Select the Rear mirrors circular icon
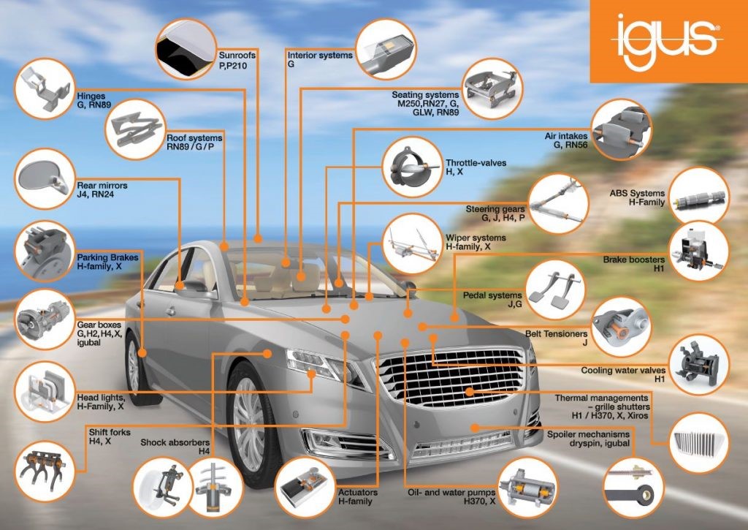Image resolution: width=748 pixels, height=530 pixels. click(45, 178)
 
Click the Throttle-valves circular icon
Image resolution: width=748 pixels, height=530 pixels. click(411, 167)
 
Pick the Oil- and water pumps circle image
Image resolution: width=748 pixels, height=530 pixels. click(527, 485)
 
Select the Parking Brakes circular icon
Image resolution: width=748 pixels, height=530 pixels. click(45, 249)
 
